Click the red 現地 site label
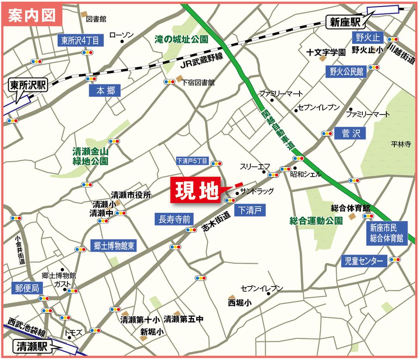click(x=195, y=192)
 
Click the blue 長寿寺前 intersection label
click(x=174, y=219)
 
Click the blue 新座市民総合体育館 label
click(x=386, y=233)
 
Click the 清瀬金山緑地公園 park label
click(x=90, y=157)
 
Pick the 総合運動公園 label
click(x=316, y=220)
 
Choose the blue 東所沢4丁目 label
click(x=80, y=40)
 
